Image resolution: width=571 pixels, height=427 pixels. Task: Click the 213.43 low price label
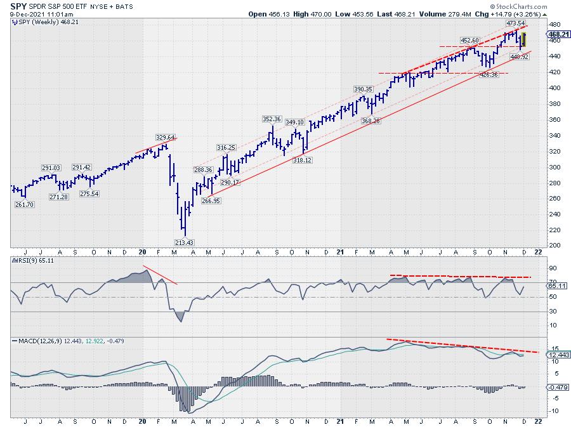185,242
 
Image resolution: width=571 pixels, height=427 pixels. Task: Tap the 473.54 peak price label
515,23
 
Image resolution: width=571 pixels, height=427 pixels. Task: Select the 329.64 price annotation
166,136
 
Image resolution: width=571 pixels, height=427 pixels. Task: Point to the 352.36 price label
272,119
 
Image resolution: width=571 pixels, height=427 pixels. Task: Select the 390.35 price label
365,89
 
